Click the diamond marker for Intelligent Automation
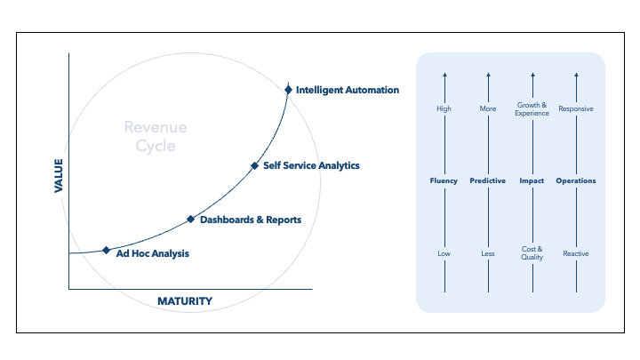[x=288, y=90]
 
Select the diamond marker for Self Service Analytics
[x=254, y=165]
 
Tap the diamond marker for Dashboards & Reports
[x=190, y=219]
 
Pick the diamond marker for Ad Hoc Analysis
[x=107, y=251]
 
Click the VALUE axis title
[x=60, y=175]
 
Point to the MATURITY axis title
[x=185, y=301]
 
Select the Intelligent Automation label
[x=348, y=90]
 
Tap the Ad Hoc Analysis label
[x=153, y=253]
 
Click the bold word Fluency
[x=444, y=181]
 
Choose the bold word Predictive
[x=488, y=181]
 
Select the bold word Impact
[x=532, y=181]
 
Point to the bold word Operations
[x=576, y=181]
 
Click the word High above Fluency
[x=444, y=109]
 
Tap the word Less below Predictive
[x=488, y=254]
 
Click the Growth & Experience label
[x=532, y=109]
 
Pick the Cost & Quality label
[x=532, y=253]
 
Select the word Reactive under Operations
[x=576, y=254]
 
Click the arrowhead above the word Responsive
[x=576, y=76]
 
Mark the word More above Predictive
[x=488, y=109]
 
